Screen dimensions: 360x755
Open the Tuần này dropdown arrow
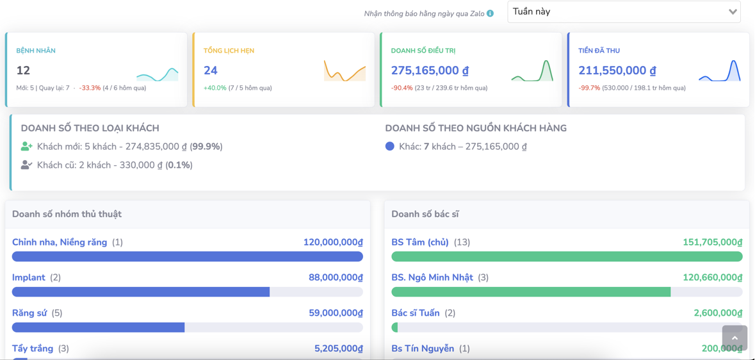[x=733, y=12]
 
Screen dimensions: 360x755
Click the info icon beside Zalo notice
[x=490, y=13]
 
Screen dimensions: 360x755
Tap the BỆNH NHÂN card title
[x=36, y=51]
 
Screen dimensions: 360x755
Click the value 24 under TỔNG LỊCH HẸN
[x=211, y=70]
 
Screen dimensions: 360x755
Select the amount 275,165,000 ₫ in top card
[x=430, y=70]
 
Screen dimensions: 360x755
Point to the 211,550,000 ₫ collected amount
[x=617, y=70]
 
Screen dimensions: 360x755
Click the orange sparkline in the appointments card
[x=345, y=71]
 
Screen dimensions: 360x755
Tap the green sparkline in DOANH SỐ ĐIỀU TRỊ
[x=532, y=72]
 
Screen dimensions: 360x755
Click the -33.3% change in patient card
[x=90, y=88]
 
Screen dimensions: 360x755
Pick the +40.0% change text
[x=215, y=88]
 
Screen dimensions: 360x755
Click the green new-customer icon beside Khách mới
[x=26, y=147]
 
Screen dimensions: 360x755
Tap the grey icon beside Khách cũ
[x=26, y=165]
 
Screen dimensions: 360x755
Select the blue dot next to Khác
[x=389, y=147]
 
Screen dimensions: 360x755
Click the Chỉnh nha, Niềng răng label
[x=60, y=242]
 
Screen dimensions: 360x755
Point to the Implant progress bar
[x=141, y=292]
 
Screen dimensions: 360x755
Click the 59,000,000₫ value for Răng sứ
[x=336, y=313]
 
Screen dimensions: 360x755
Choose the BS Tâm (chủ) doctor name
[x=420, y=242]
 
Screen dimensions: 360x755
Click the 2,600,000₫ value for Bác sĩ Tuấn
[x=718, y=313]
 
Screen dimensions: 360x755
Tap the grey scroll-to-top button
[x=735, y=338]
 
